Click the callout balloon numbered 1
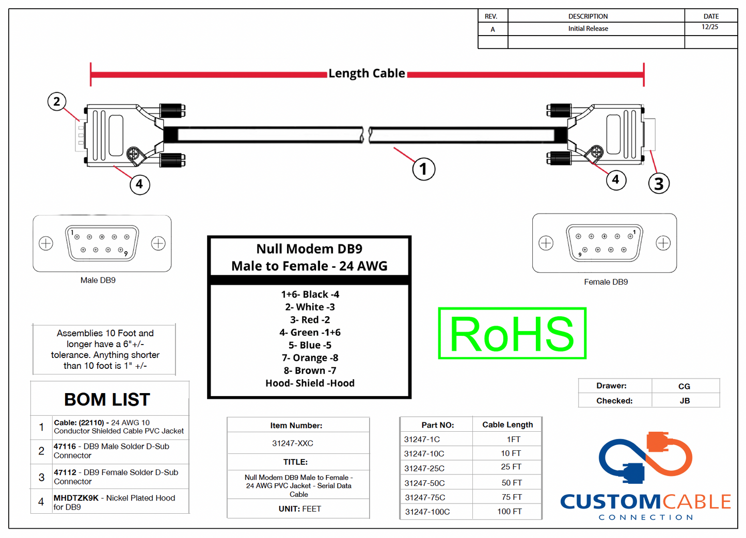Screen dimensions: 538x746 [423, 169]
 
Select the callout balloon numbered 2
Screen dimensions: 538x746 [57, 102]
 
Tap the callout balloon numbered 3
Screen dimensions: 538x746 [658, 184]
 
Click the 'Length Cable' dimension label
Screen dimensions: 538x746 [367, 74]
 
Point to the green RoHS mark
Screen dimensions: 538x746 [512, 334]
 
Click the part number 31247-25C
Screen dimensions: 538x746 [424, 468]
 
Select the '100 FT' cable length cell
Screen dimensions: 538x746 [510, 512]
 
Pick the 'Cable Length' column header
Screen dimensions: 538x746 [507, 425]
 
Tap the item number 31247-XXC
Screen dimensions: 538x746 [293, 444]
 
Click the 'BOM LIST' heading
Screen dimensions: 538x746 [107, 400]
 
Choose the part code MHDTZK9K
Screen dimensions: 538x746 [76, 498]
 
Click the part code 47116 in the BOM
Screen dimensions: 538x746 [65, 447]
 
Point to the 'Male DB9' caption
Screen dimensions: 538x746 [98, 281]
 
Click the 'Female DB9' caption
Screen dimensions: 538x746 [606, 282]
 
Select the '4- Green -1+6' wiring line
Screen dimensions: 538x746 [310, 333]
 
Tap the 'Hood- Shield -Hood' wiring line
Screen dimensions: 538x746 [310, 383]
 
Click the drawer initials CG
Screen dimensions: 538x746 [684, 386]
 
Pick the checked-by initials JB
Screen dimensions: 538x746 [685, 401]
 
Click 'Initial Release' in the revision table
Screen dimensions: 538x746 [588, 29]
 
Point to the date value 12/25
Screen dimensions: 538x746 [710, 27]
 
